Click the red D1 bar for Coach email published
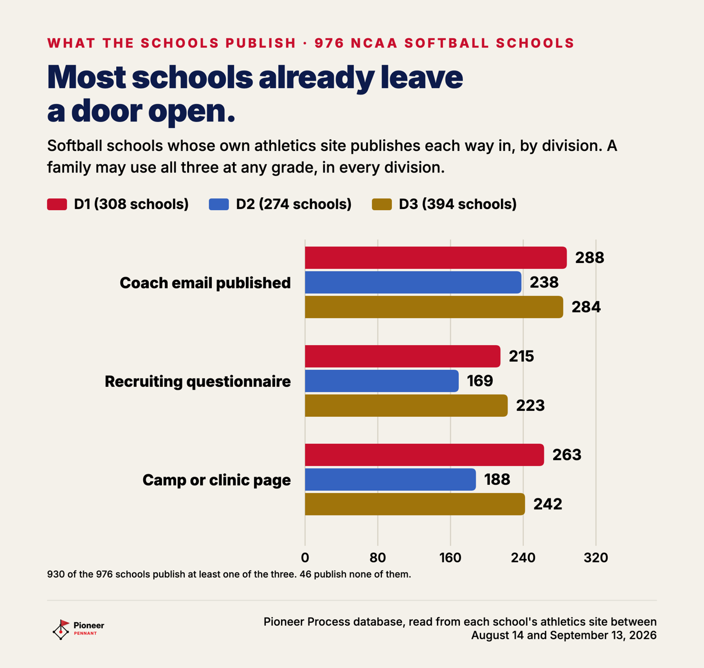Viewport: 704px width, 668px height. tap(436, 258)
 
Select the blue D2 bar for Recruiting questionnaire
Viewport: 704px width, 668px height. tap(382, 381)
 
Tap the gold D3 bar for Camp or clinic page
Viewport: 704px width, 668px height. tap(415, 504)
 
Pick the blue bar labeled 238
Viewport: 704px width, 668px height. tap(413, 282)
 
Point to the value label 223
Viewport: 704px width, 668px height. tap(530, 406)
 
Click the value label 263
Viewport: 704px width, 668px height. tap(567, 455)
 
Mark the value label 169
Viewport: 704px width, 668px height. tap(480, 381)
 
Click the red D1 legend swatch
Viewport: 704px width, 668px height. tap(57, 204)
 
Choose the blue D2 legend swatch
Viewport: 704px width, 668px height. tap(219, 204)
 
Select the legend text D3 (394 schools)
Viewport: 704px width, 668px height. tap(458, 204)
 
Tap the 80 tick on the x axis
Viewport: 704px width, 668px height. tap(378, 558)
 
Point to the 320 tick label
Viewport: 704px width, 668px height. tap(596, 558)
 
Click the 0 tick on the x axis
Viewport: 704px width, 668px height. tap(305, 558)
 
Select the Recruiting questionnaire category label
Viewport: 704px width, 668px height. tap(198, 382)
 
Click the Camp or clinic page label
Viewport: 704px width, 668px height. tap(216, 480)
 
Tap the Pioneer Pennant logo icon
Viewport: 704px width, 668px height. tap(61, 630)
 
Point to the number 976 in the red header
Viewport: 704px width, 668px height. tap(329, 43)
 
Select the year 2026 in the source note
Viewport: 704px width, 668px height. tap(643, 635)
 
